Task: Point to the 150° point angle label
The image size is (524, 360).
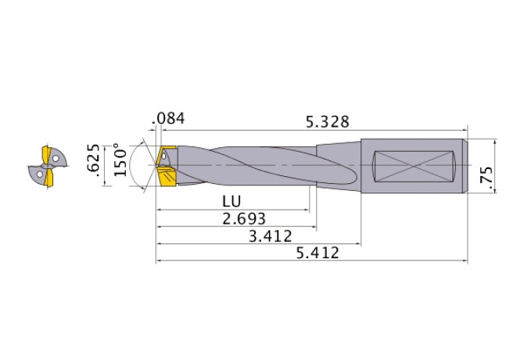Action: pos(119,160)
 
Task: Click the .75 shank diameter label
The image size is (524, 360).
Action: pos(487,178)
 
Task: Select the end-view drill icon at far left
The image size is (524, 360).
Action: pos(47,167)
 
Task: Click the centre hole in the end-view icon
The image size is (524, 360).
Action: pos(48,167)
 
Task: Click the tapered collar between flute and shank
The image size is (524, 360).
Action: pos(338,165)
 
